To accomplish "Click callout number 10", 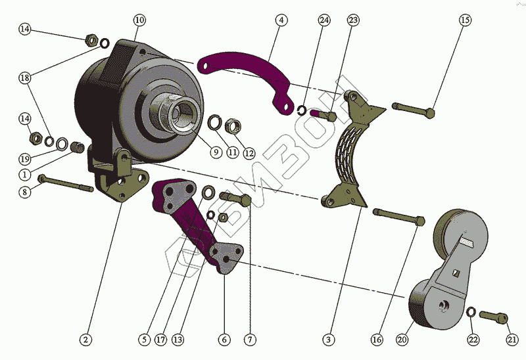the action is click(139, 20).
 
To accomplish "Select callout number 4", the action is click(281, 20).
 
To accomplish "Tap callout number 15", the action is click(465, 20).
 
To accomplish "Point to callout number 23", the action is click(354, 20).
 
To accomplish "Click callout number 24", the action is click(324, 20).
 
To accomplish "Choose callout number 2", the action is click(85, 340).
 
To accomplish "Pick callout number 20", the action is click(402, 340).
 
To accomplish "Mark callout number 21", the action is click(512, 340).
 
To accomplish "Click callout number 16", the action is click(376, 340).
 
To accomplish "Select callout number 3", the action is click(329, 340).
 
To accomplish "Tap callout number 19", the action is click(25, 159).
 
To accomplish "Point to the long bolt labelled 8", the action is click(66, 183).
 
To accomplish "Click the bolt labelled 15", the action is click(414, 107).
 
